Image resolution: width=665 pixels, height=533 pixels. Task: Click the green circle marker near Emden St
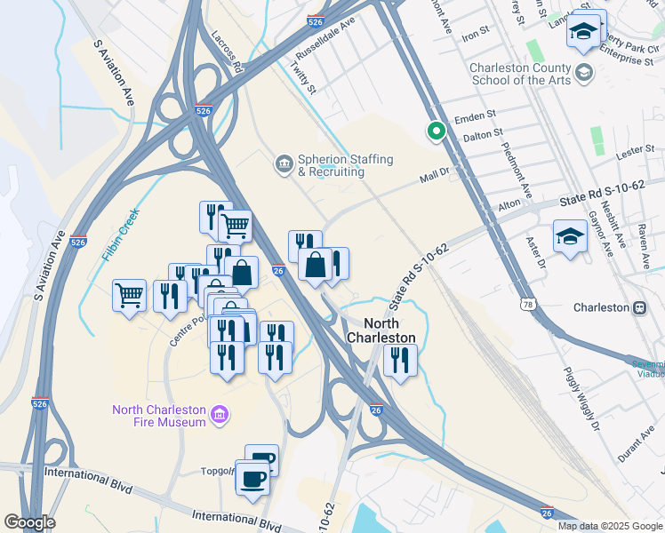click(x=436, y=131)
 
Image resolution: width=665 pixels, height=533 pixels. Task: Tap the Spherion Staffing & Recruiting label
click(x=345, y=165)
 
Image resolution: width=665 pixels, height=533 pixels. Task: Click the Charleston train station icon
click(x=638, y=307)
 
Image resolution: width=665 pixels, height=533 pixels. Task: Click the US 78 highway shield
click(x=528, y=306)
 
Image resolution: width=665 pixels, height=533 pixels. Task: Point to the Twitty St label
click(x=304, y=75)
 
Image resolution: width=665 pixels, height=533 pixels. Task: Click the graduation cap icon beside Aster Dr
click(x=570, y=236)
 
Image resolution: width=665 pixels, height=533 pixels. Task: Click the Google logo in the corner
click(x=29, y=522)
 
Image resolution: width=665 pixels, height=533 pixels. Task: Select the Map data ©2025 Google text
click(x=609, y=526)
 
